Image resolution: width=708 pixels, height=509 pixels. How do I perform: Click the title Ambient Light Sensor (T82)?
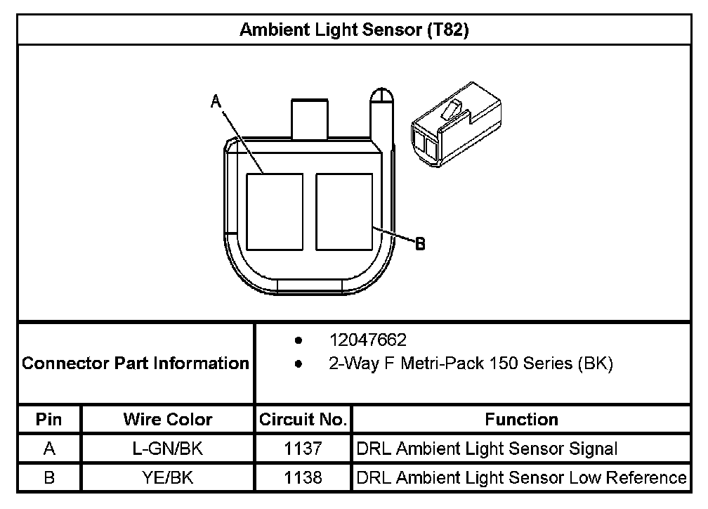pos(354,30)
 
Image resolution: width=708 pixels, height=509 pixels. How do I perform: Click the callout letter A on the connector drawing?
pos(216,101)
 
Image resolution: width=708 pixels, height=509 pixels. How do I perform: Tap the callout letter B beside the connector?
pos(420,244)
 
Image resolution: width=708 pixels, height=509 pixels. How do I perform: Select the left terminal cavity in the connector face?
pos(275,212)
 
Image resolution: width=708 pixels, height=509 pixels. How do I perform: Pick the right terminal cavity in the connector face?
pos(344,212)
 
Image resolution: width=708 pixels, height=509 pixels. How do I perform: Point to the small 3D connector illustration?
pos(456,124)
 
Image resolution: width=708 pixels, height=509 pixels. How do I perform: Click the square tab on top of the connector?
pos(310,119)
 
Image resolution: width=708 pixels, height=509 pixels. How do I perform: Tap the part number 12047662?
pos(368,340)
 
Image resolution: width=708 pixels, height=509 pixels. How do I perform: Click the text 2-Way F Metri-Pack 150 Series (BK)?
pos(471,363)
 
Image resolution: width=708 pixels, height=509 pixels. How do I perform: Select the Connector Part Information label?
pos(136,363)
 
